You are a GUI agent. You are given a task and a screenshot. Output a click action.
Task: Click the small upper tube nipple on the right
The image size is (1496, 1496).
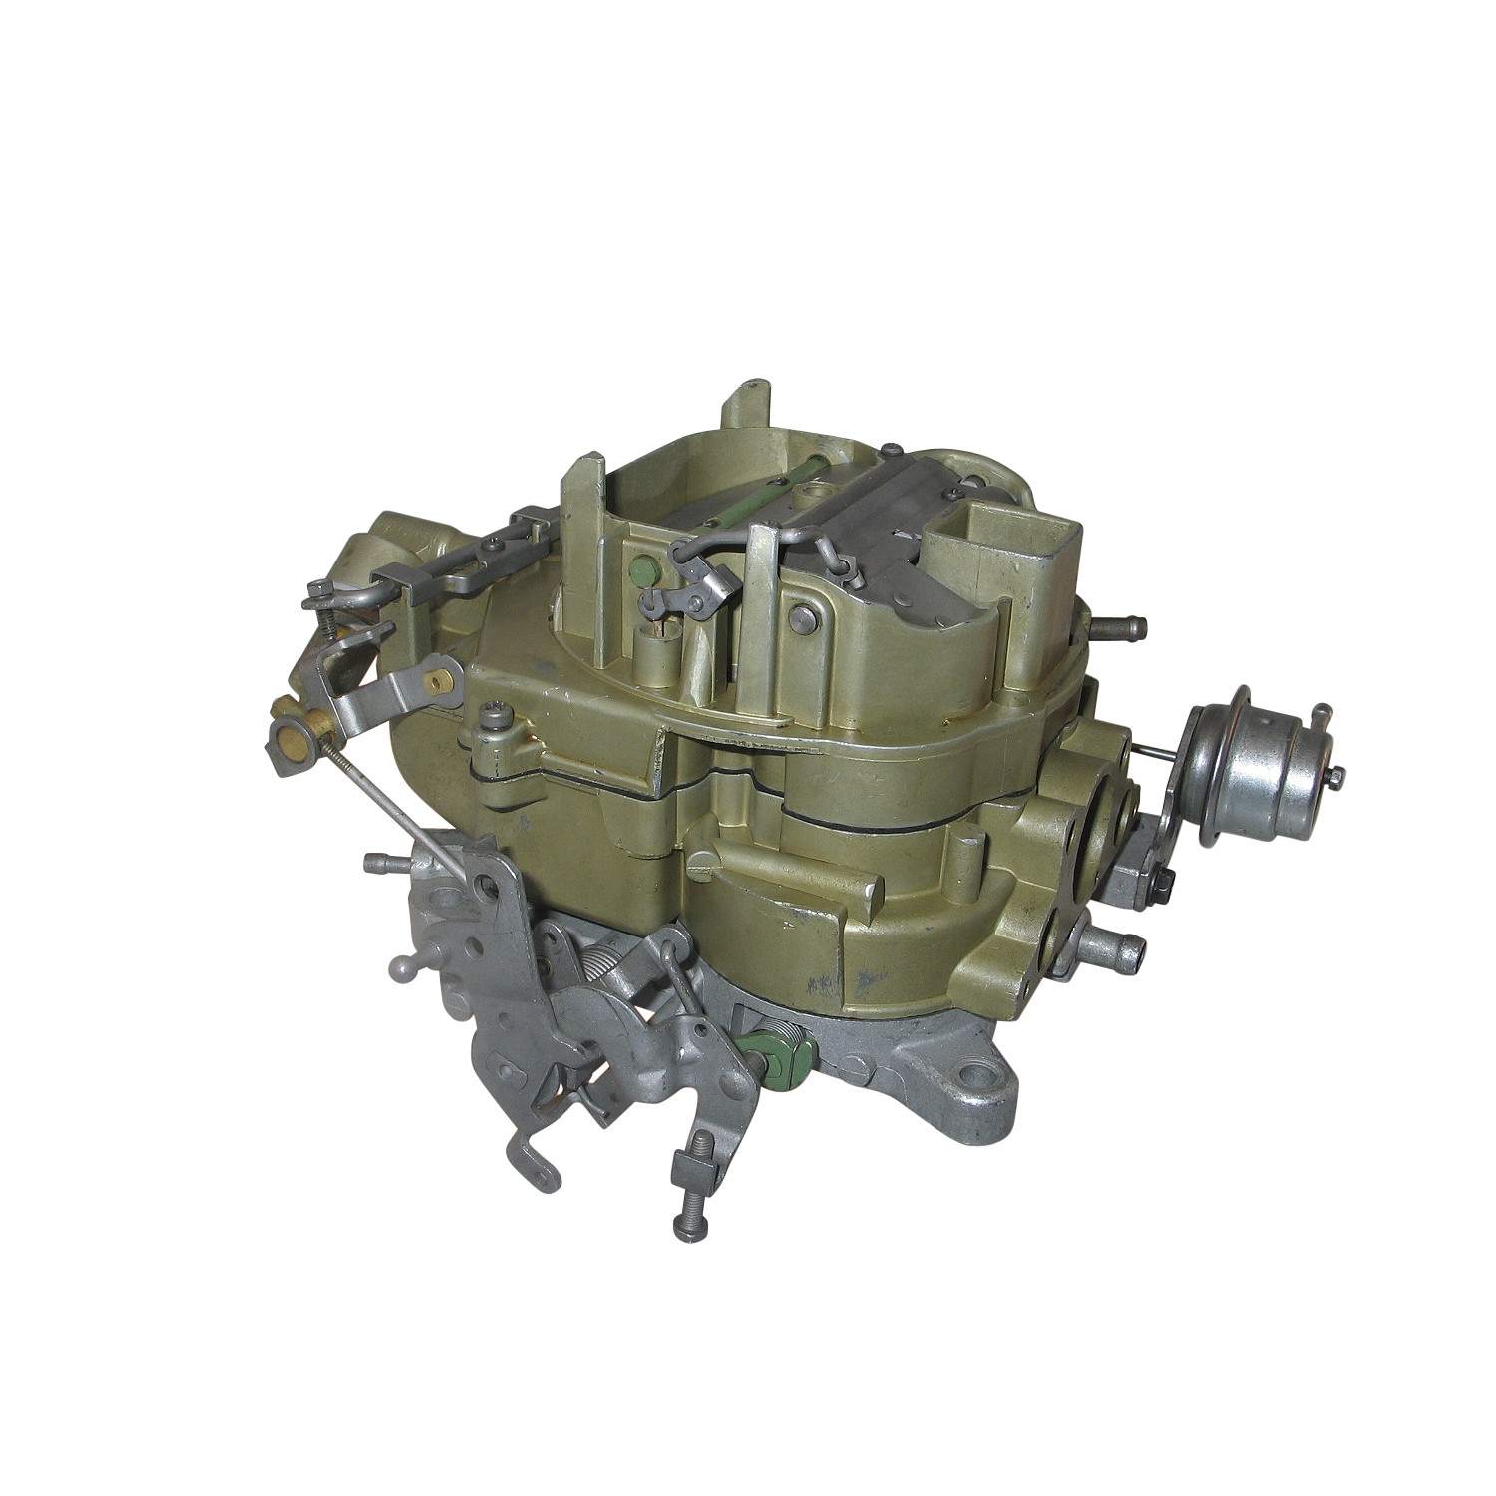point(1122,628)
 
